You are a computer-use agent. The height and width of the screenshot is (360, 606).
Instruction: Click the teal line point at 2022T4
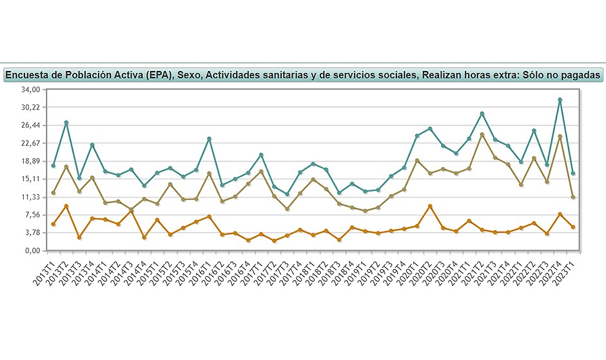[560, 100]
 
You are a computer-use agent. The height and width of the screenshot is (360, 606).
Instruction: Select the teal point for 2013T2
[66, 123]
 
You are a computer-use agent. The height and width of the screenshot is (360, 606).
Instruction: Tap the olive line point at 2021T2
[482, 135]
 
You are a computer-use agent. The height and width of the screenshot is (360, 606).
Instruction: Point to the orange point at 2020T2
[430, 206]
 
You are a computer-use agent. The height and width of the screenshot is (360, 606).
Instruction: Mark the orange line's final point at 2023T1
[572, 227]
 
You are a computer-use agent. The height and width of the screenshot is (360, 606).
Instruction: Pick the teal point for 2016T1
[210, 139]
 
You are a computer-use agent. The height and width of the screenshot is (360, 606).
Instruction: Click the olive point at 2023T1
[572, 197]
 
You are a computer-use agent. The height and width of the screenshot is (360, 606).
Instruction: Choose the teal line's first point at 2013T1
[54, 166]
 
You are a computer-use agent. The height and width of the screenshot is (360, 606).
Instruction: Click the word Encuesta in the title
[29, 75]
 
